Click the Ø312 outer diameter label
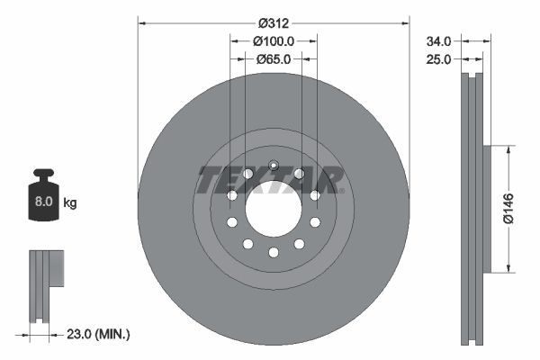point(274,22)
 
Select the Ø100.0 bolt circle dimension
point(274,40)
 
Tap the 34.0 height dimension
point(439,40)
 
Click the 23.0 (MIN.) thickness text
point(99,335)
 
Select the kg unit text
point(69,203)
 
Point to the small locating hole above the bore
point(274,163)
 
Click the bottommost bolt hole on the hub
point(274,252)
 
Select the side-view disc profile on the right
point(473,209)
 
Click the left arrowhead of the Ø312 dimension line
point(141,22)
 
